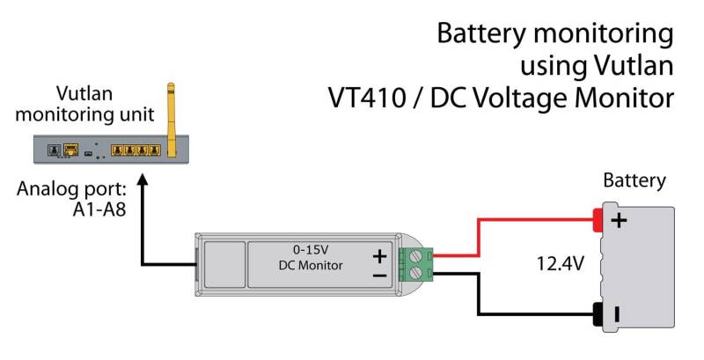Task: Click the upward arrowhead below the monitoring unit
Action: pyautogui.click(x=141, y=177)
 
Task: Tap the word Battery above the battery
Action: pyautogui.click(x=634, y=181)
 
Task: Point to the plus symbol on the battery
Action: pyautogui.click(x=619, y=220)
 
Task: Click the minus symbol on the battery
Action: pyautogui.click(x=619, y=312)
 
